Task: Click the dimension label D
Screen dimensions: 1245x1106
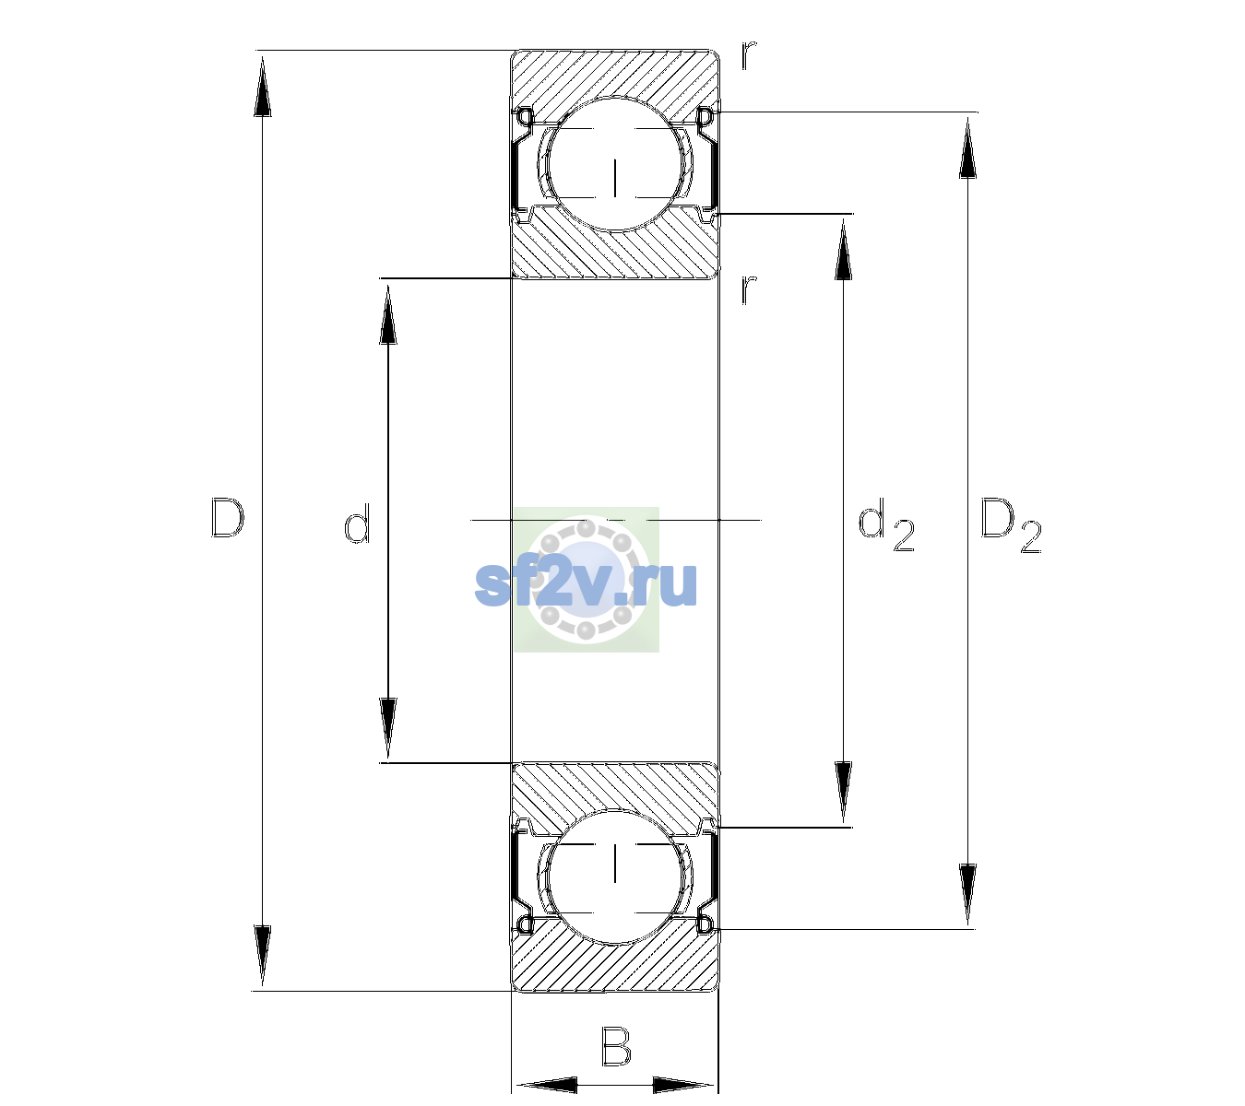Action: click(228, 518)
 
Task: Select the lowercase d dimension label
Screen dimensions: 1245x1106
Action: click(357, 524)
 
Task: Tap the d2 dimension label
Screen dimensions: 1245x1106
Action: click(886, 525)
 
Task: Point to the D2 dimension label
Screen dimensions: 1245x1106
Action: click(1011, 525)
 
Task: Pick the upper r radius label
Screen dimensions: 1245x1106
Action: click(749, 54)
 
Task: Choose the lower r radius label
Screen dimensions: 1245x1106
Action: click(749, 289)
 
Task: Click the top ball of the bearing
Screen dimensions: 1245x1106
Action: click(615, 164)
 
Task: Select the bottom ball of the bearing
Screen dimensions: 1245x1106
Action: click(615, 876)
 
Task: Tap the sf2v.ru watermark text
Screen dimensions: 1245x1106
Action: click(586, 584)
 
